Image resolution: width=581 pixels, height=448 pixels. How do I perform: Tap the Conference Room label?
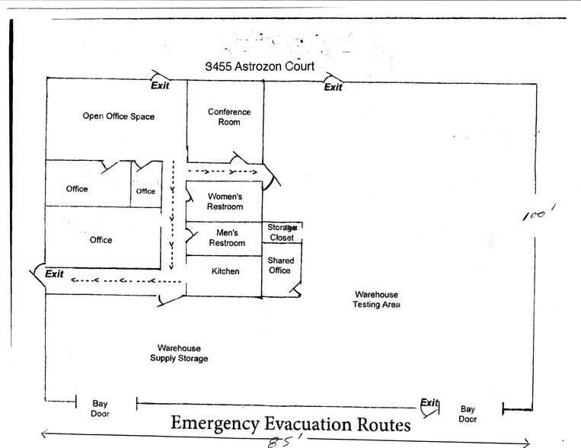pos(229,117)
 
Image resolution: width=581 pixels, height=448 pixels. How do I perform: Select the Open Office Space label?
pos(118,117)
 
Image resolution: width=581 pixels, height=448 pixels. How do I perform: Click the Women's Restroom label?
pos(225,201)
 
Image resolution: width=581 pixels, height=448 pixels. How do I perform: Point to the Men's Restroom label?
pos(227,238)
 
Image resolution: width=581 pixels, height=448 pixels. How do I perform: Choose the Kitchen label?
pos(225,272)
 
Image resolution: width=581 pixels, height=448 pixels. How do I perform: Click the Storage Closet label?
pos(282,232)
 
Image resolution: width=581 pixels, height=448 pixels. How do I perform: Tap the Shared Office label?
pos(280,266)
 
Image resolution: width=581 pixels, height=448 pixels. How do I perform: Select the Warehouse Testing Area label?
pos(376,299)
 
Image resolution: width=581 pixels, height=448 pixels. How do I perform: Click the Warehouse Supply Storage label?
pos(179,353)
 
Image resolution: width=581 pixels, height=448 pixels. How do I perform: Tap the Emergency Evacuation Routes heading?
pos(291,424)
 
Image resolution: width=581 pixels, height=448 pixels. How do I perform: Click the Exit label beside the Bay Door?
pos(430,403)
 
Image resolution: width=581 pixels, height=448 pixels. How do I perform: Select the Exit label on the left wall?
pos(54,274)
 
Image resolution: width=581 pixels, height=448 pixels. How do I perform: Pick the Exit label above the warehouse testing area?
pos(333,87)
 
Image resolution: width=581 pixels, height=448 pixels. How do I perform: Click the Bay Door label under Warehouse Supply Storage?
pos(101,409)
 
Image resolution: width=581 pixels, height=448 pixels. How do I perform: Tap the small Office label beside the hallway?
pos(145,191)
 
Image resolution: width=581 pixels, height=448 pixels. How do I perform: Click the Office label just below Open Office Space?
pos(77,189)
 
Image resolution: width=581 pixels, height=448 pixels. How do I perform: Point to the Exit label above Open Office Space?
pos(160,85)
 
